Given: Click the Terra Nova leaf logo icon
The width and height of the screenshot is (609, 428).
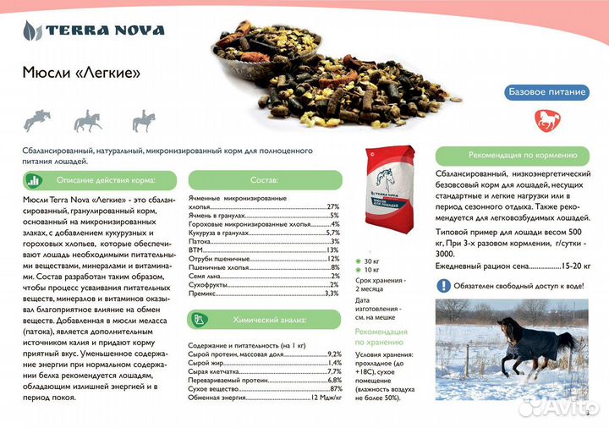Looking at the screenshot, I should point(33,31).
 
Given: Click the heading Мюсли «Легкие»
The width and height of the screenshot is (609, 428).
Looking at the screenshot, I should point(82,74).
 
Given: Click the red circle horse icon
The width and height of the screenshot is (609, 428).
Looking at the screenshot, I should point(546,119).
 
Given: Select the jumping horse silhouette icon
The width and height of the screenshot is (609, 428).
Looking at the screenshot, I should point(36,121).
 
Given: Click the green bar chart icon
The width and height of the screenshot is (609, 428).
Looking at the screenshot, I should point(33,180).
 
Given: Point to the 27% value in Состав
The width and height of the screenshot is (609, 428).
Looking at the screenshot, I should point(332,206).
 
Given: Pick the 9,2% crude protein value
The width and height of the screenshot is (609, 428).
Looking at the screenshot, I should point(334,354).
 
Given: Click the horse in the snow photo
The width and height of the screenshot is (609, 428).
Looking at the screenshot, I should point(511,347).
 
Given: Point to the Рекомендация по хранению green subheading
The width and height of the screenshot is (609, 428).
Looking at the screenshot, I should point(381,337).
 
